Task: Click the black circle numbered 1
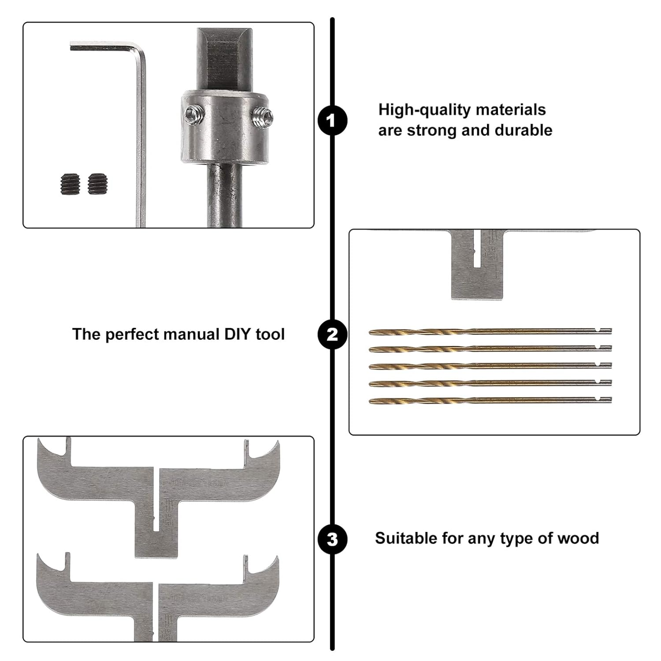[x=332, y=120]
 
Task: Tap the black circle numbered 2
[x=332, y=335]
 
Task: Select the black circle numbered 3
[x=332, y=539]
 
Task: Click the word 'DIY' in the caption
[x=238, y=334]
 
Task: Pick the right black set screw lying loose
[x=97, y=184]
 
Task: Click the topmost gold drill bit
[x=489, y=331]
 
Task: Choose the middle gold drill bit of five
[x=489, y=366]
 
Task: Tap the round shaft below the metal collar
[x=224, y=194]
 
